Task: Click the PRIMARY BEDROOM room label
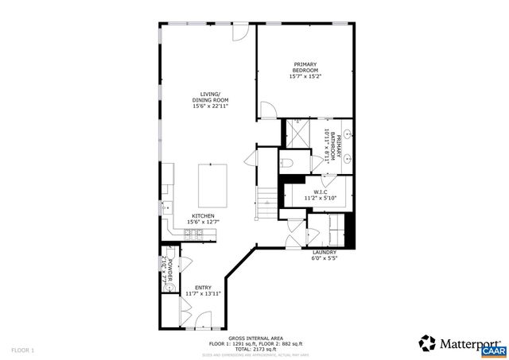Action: coord(305,71)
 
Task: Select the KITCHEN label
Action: coord(202,218)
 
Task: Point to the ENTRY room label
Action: coord(203,290)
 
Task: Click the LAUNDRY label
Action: coord(324,254)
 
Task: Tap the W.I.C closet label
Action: coord(321,194)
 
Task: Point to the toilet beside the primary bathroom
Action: coord(288,162)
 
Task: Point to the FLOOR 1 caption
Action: coord(23,350)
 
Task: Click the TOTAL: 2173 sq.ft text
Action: coord(254,349)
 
